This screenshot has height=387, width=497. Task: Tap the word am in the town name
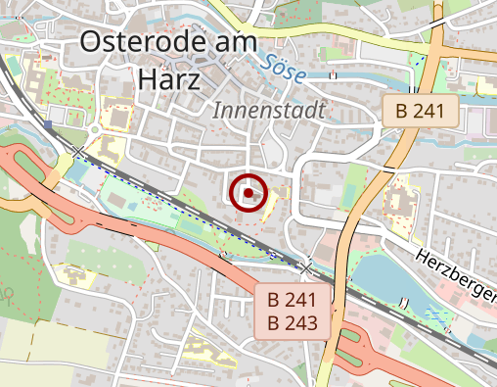[236, 41]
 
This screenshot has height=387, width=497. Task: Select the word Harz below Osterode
[169, 77]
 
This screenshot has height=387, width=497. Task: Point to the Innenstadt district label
[267, 111]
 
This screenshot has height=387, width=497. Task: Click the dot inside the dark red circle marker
[248, 193]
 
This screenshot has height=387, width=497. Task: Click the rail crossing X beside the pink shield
[306, 266]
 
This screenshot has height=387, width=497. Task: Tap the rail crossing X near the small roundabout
[77, 151]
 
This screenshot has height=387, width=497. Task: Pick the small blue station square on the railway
[48, 124]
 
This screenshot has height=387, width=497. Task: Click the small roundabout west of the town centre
[95, 128]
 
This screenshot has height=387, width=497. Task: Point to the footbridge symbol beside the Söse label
[335, 74]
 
